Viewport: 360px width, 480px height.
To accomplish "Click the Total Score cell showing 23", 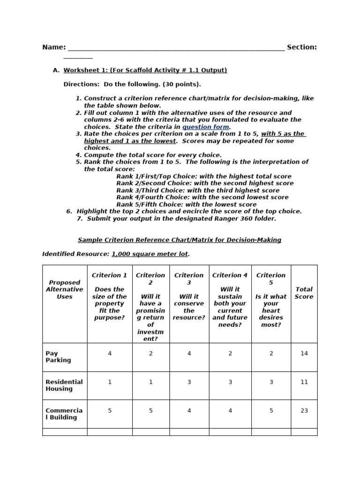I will pos(304,410).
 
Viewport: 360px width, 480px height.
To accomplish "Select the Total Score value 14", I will pos(304,353).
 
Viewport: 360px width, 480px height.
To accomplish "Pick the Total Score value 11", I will pos(304,382).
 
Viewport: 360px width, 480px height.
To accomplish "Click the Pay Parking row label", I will pos(59,357).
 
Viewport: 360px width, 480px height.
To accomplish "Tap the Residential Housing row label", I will pos(64,385).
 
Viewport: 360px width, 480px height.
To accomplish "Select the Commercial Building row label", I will pos(64,414).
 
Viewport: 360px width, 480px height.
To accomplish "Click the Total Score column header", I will pos(304,293).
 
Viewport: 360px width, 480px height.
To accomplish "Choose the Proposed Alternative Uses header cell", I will pos(65,290).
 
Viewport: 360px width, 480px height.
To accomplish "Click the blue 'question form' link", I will pos(206,127).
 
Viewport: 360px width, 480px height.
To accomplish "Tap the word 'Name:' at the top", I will pos(54,47).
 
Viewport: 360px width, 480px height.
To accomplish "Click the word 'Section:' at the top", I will pos(301,47).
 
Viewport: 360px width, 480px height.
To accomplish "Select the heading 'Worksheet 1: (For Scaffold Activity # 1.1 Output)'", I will pos(145,70).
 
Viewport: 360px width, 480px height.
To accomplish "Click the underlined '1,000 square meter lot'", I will pos(150,254).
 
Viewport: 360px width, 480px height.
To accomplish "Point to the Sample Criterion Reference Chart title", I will pos(180,240).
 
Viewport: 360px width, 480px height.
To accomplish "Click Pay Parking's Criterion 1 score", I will pos(110,353).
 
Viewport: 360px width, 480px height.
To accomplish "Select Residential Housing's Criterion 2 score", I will pos(150,382).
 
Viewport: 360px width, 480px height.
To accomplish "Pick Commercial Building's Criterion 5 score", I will pos(271,410).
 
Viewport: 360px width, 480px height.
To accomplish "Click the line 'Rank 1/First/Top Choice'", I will pos(203,176).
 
